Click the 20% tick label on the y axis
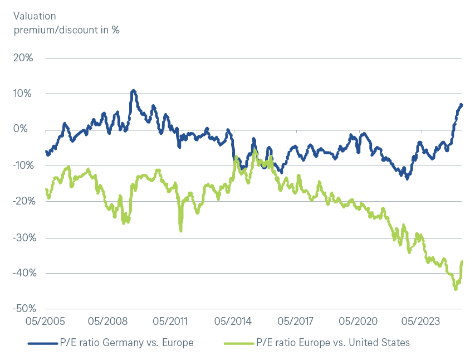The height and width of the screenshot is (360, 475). tap(25, 58)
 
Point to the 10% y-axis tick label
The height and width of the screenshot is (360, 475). tap(25, 94)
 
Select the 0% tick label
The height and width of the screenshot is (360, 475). tap(27, 129)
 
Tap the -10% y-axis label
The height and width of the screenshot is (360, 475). tap(23, 166)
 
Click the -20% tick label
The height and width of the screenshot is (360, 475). tap(23, 201)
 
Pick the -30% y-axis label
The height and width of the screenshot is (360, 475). tap(23, 237)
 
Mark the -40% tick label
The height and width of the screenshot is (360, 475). tap(23, 273)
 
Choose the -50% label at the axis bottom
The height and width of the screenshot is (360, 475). tap(23, 309)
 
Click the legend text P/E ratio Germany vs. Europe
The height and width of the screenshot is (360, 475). tap(128, 342)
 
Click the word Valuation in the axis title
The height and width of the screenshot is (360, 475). tap(35, 17)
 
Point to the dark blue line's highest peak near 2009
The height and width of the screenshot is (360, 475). tap(133, 90)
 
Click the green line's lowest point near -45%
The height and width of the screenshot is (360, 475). tap(455, 289)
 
